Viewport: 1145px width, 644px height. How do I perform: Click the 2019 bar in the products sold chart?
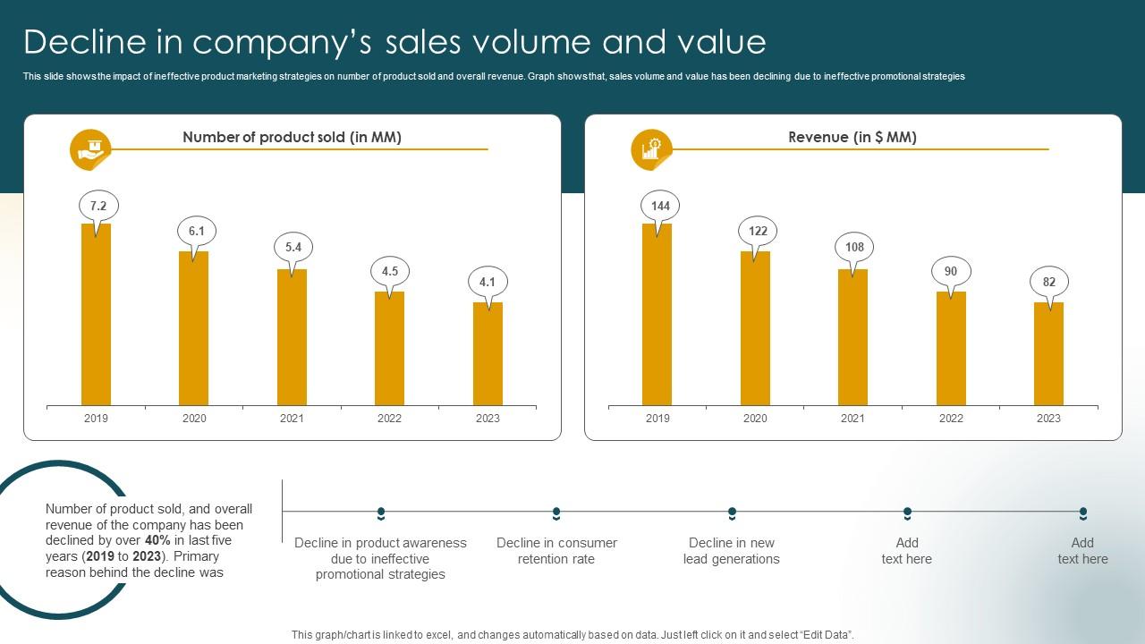click(96, 314)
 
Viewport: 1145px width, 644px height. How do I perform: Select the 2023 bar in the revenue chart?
click(1048, 353)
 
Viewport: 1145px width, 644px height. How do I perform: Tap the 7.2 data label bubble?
click(98, 207)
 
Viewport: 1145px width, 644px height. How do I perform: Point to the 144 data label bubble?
click(660, 207)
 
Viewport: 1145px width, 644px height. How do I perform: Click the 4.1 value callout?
click(488, 283)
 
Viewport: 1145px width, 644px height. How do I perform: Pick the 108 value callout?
click(854, 248)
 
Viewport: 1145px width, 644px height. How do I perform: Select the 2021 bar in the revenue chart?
click(852, 337)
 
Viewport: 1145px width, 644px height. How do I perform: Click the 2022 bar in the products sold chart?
click(389, 348)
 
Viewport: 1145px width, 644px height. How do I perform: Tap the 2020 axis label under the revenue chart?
click(755, 419)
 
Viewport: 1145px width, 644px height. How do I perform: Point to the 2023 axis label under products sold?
click(488, 419)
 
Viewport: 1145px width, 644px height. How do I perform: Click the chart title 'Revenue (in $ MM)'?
click(852, 137)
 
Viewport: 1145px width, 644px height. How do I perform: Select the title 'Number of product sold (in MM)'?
click(292, 137)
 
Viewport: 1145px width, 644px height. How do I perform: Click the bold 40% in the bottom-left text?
click(157, 541)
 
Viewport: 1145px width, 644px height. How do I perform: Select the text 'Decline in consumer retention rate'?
click(556, 551)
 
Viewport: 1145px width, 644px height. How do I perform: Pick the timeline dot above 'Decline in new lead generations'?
click(732, 513)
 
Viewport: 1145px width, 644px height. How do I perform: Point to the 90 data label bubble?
click(951, 272)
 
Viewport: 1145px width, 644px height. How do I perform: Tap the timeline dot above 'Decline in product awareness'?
click(381, 513)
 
